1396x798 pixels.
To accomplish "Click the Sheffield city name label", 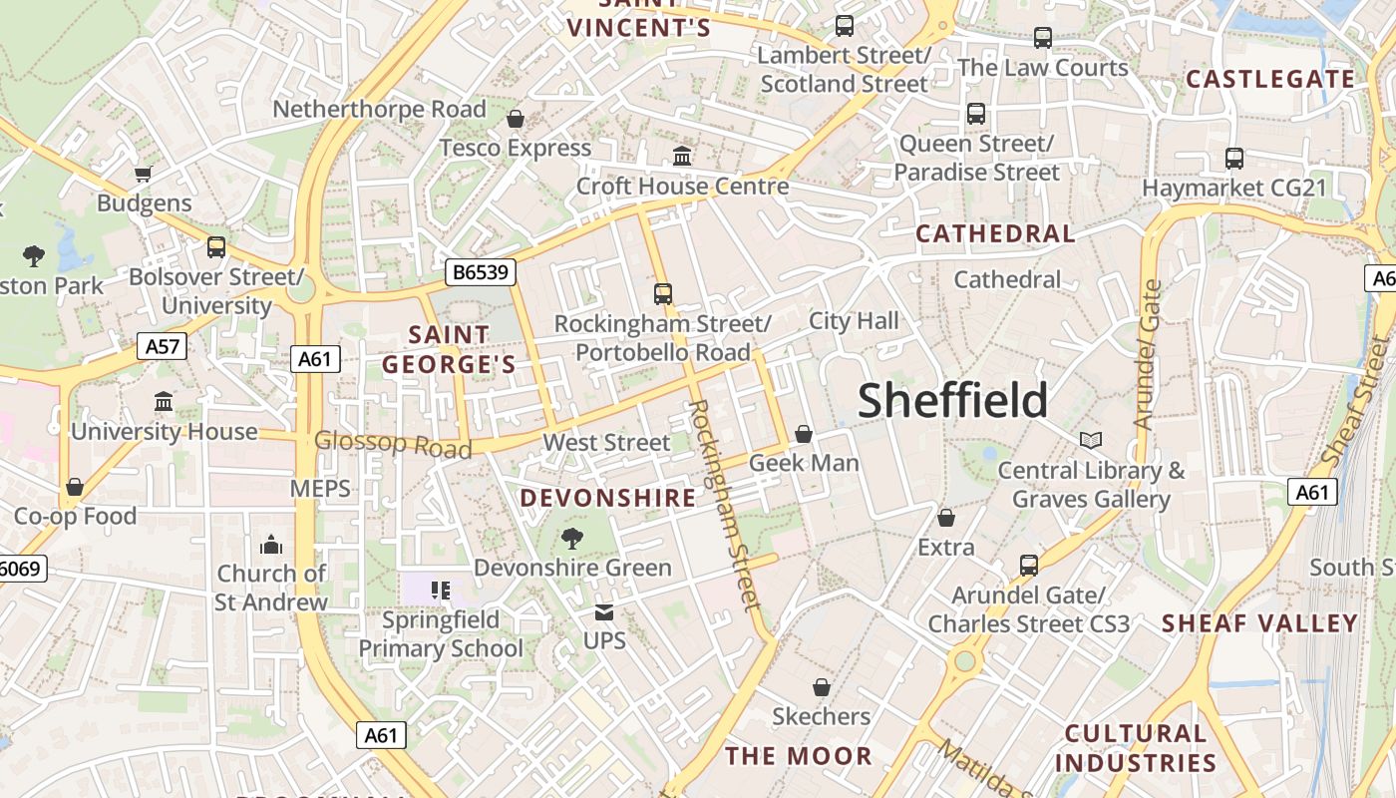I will pyautogui.click(x=952, y=400).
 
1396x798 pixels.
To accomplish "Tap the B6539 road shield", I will pyautogui.click(x=481, y=271).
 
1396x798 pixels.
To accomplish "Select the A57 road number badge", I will pyautogui.click(x=162, y=346).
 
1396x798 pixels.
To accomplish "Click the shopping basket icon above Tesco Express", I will pyautogui.click(x=516, y=119).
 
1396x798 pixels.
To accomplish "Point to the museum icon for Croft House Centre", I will pyautogui.click(x=683, y=156).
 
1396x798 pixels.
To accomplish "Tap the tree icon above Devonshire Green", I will pyautogui.click(x=572, y=539).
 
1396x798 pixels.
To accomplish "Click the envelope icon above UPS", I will pyautogui.click(x=604, y=611).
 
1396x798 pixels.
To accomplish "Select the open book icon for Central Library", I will pyautogui.click(x=1091, y=440).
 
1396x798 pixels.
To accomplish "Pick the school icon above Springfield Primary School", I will pyautogui.click(x=441, y=591).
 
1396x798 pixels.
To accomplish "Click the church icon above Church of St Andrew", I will pyautogui.click(x=271, y=545).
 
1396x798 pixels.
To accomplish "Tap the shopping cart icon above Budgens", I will pyautogui.click(x=144, y=175).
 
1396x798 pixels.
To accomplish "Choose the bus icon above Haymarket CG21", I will pyautogui.click(x=1234, y=158).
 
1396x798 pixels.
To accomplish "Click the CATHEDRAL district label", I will pyautogui.click(x=995, y=234).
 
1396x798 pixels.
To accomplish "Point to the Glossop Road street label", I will pyautogui.click(x=393, y=444).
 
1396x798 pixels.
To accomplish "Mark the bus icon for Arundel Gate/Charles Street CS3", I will pyautogui.click(x=1029, y=566).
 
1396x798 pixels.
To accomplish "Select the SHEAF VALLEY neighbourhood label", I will pyautogui.click(x=1259, y=623).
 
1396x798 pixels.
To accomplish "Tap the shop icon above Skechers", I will pyautogui.click(x=822, y=687).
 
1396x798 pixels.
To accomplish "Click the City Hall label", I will pyautogui.click(x=854, y=320).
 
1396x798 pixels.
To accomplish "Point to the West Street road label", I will pyautogui.click(x=606, y=442).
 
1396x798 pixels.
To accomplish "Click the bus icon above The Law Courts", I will pyautogui.click(x=1043, y=38).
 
